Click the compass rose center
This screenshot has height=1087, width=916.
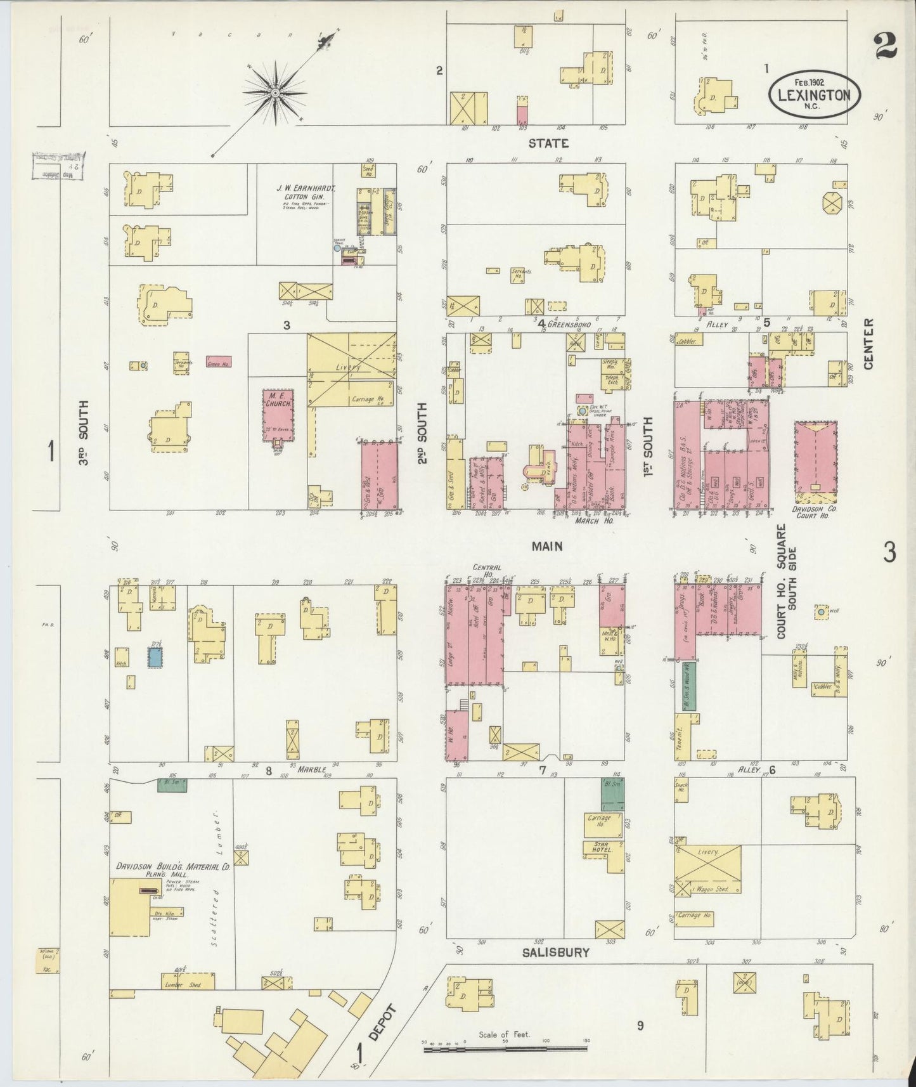click(276, 94)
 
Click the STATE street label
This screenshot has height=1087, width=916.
click(548, 143)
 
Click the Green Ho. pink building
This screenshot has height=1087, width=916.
click(218, 362)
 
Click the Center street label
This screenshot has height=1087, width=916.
click(868, 343)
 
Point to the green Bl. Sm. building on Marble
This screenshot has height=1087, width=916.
click(172, 785)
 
